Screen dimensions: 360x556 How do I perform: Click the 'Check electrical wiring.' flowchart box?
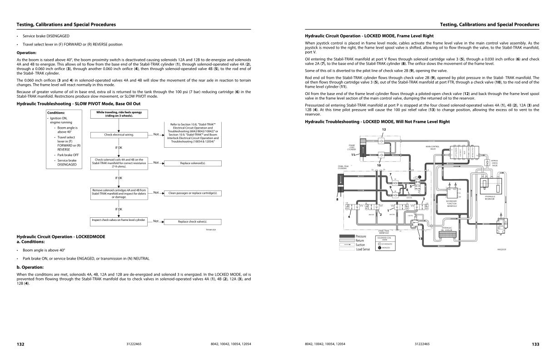(x=119, y=135)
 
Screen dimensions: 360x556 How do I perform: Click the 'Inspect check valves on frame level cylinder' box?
(x=119, y=220)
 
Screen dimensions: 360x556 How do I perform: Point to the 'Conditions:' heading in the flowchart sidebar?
(x=58, y=113)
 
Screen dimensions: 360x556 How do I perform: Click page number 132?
(x=20, y=344)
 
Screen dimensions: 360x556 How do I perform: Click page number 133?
(x=535, y=344)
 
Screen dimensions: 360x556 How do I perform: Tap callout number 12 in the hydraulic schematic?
(x=383, y=130)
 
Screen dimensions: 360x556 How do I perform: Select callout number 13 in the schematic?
(x=420, y=238)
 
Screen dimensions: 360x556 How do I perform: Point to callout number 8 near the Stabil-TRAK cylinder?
(x=337, y=199)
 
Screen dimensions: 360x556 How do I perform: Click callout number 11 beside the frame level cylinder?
(x=352, y=155)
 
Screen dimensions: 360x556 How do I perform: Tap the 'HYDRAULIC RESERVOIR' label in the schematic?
(x=490, y=197)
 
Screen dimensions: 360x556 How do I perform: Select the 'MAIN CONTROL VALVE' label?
(x=432, y=147)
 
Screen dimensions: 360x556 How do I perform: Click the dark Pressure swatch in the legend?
(x=347, y=236)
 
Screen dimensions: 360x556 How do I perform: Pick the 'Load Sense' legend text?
(x=363, y=249)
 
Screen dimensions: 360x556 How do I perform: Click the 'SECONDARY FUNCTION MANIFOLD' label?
(x=451, y=203)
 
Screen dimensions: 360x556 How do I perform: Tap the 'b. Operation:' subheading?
(x=30, y=267)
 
